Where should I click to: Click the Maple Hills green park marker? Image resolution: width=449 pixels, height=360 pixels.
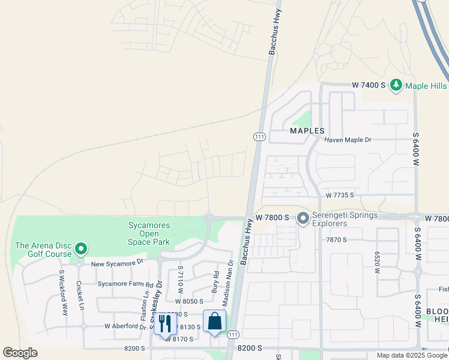coord(396,86)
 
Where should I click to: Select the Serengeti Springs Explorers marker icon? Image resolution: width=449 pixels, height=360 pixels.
coord(303,219)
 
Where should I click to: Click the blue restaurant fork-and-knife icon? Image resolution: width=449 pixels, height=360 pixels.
coord(164,323)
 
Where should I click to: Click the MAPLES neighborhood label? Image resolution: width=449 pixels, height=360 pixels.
coord(307,130)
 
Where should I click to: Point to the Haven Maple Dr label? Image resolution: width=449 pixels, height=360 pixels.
coord(348,140)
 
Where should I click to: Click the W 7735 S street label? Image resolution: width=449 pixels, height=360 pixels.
coord(340,196)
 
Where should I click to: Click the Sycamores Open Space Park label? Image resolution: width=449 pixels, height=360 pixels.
coord(149,234)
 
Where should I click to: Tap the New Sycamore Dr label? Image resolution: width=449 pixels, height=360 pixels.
coord(118,262)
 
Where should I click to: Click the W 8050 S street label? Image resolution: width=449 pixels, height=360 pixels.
coord(190,301)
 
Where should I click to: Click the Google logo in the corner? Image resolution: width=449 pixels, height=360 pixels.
coord(20,353)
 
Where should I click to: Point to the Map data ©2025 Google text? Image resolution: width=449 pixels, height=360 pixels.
coord(412,355)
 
